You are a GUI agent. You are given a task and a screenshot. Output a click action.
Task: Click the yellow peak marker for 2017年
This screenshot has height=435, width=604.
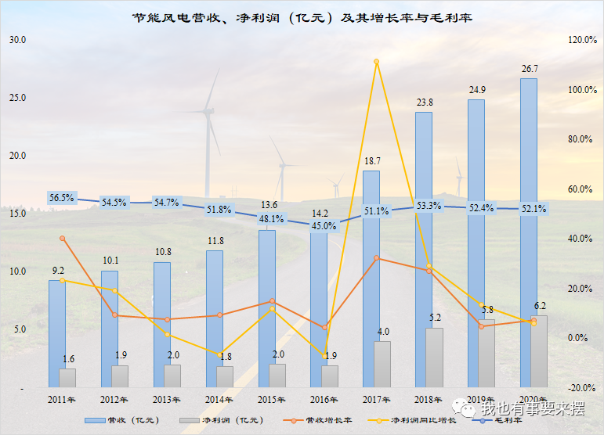pyautogui.click(x=377, y=62)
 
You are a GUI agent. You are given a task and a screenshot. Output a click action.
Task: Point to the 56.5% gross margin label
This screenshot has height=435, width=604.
pyautogui.click(x=61, y=198)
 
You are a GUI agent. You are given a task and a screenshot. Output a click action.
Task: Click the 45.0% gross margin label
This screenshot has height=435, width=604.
pyautogui.click(x=324, y=226)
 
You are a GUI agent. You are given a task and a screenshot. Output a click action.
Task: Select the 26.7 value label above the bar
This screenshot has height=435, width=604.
pyautogui.click(x=530, y=69)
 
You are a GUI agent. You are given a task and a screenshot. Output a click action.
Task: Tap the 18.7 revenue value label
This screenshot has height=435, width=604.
pyautogui.click(x=372, y=161)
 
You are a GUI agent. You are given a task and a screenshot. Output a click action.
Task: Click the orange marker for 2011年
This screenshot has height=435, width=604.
pyautogui.click(x=63, y=239)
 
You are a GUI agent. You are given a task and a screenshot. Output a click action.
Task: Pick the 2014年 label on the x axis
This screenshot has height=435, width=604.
pyautogui.click(x=219, y=401)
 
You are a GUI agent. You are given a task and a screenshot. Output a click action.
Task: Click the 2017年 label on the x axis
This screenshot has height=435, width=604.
pyautogui.click(x=376, y=401)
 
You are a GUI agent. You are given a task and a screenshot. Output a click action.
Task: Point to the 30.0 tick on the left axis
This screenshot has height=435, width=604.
pyautogui.click(x=18, y=40)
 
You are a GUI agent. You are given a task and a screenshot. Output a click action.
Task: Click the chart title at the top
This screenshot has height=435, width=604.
pyautogui.click(x=302, y=16)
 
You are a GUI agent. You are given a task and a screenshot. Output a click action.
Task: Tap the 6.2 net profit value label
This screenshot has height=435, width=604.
pyautogui.click(x=539, y=306)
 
